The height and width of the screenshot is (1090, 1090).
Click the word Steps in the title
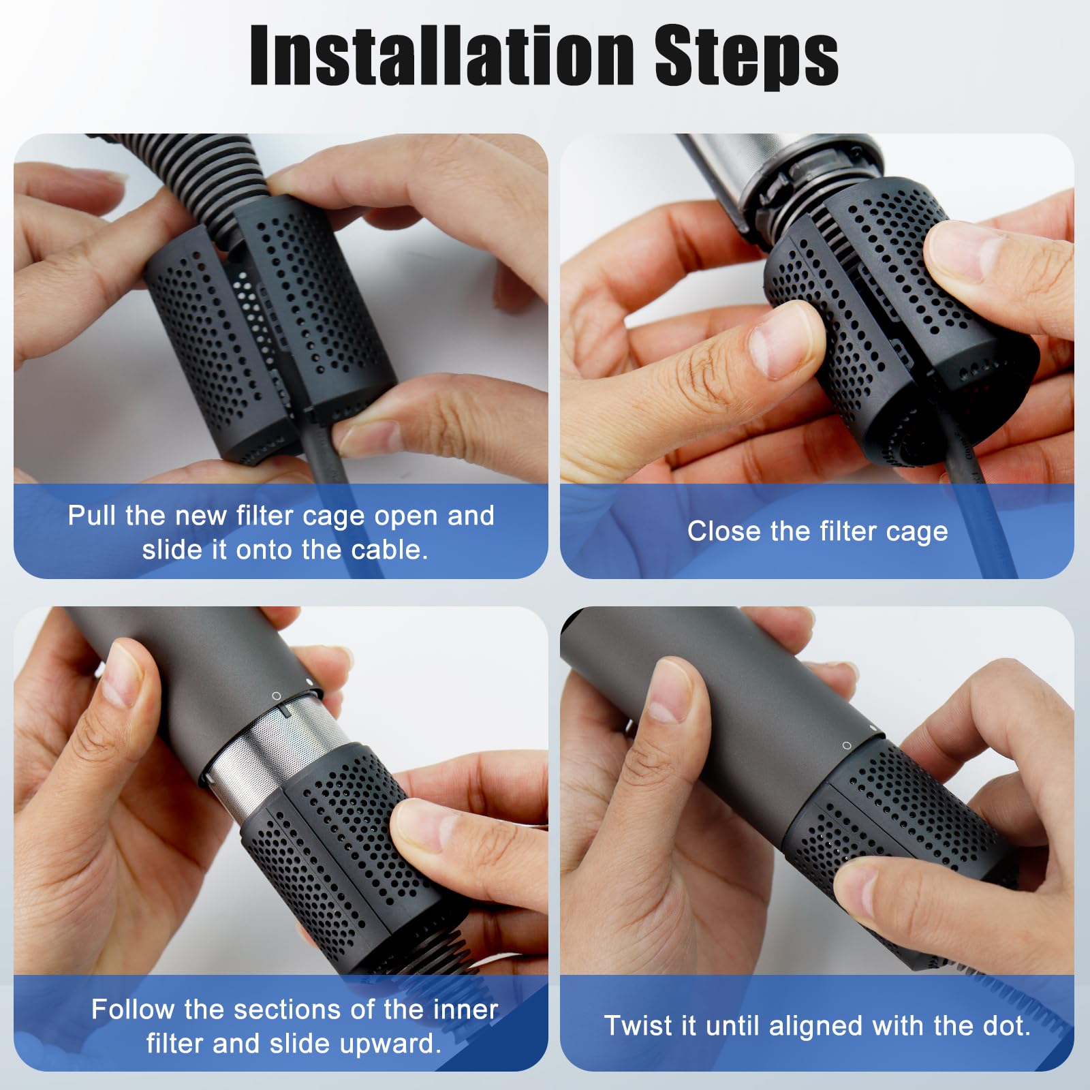click(x=747, y=57)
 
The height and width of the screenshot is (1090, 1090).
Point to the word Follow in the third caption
click(x=132, y=1009)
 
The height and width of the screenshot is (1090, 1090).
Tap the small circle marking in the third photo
click(x=276, y=696)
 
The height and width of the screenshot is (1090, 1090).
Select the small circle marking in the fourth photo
click(x=847, y=745)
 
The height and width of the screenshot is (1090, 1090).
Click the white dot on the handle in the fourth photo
click(x=873, y=728)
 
